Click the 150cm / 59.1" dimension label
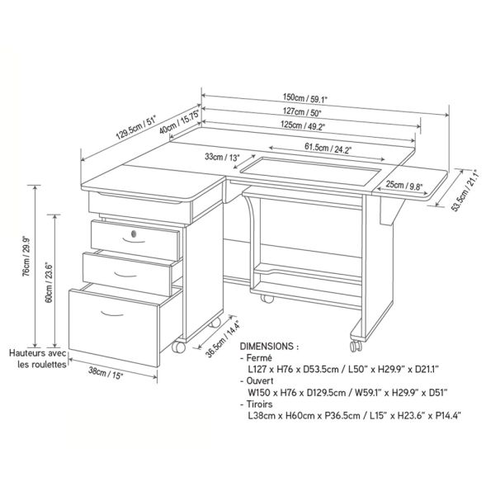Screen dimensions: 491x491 click(305, 98)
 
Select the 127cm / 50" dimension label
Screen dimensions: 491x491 click(302, 111)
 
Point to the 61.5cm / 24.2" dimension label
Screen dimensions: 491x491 click(327, 148)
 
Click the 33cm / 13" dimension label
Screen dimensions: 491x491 click(222, 157)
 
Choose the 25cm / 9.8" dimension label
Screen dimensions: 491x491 click(404, 186)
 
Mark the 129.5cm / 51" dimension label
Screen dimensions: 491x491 click(136, 127)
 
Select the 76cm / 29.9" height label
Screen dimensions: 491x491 click(27, 257)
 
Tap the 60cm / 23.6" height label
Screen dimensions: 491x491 click(49, 282)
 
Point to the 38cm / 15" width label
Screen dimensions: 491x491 click(106, 373)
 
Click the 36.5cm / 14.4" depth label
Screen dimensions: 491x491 click(224, 338)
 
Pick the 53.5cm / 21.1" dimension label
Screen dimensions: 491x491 click(465, 191)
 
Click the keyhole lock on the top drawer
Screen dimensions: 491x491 click(134, 234)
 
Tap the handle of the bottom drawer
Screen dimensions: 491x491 click(112, 314)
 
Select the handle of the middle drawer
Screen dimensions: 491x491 click(125, 275)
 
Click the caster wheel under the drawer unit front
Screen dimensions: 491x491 click(178, 347)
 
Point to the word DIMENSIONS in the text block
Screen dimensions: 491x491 click(267, 347)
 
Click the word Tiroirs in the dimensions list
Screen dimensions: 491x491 click(259, 404)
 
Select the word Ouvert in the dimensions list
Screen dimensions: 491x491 click(260, 380)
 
